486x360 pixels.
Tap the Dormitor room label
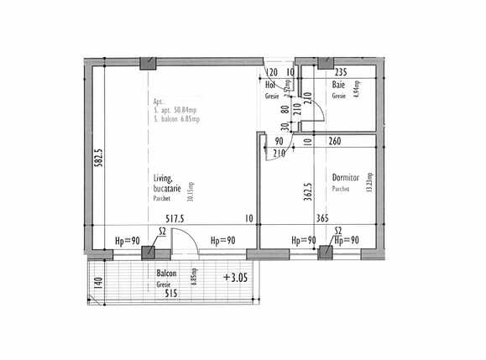point(345,178)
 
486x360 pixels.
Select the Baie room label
point(338,86)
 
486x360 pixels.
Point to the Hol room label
point(270,86)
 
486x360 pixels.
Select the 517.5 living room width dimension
point(175,219)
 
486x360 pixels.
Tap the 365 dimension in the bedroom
point(321,219)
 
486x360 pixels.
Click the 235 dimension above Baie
point(340,73)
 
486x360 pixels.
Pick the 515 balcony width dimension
point(170,294)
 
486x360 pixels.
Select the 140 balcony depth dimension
point(97,283)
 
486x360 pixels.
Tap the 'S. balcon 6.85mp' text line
point(181,121)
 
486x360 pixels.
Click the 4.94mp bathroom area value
point(356,90)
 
